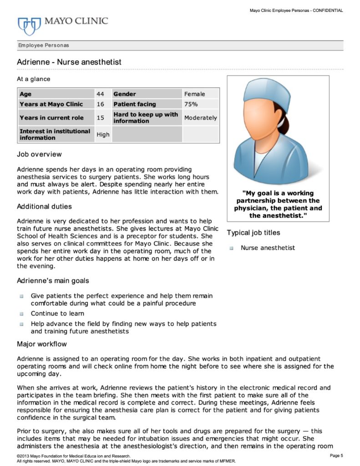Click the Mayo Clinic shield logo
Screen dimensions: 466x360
(x=29, y=25)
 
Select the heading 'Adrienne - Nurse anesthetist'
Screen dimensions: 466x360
(x=69, y=61)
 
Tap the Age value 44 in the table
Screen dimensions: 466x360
(x=100, y=94)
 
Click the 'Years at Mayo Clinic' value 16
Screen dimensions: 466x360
(x=100, y=104)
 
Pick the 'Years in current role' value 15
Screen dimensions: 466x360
(x=100, y=118)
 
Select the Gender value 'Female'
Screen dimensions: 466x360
(x=194, y=94)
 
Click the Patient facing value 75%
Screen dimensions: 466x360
(x=191, y=104)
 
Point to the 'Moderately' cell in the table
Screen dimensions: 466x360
(x=200, y=118)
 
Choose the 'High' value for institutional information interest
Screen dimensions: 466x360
(x=103, y=135)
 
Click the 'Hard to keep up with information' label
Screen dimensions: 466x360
(x=145, y=118)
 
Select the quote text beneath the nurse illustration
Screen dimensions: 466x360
(x=278, y=204)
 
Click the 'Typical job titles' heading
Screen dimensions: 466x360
(x=254, y=233)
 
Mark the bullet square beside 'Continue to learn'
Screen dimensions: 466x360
(x=21, y=314)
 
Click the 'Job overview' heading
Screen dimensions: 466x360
(x=39, y=154)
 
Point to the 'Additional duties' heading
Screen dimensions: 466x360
(x=44, y=207)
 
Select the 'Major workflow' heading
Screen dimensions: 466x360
(x=42, y=344)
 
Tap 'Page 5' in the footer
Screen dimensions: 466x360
(x=335, y=456)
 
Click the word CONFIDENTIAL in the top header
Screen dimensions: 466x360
(x=327, y=10)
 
